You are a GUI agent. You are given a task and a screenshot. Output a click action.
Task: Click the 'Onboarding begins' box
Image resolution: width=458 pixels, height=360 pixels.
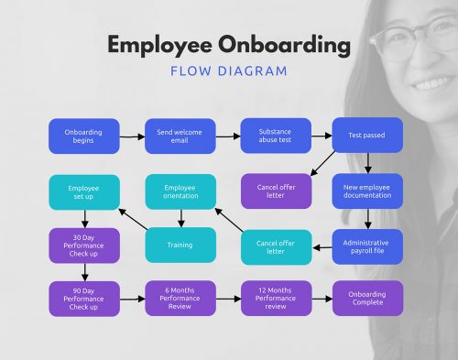point(83,136)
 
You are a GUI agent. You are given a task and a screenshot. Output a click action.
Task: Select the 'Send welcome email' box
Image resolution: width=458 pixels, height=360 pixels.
point(180,136)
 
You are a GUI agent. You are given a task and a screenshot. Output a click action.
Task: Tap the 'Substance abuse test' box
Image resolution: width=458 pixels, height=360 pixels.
point(276,136)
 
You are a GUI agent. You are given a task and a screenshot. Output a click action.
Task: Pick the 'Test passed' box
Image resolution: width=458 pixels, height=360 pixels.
point(366,136)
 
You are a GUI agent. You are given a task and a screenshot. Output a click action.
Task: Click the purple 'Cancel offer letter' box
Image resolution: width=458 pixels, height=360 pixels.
point(276,191)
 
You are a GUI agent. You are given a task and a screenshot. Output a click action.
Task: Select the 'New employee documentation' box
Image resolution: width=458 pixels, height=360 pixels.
point(366,191)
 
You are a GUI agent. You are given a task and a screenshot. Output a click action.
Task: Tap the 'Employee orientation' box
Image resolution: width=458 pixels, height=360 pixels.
point(180,191)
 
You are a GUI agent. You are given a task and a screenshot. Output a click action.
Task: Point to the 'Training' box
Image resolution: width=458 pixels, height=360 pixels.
point(180,245)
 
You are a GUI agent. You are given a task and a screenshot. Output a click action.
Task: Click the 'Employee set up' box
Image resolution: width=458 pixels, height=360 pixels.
point(83,191)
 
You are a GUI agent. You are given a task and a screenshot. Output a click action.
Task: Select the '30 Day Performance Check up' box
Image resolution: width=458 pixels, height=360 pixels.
point(83,245)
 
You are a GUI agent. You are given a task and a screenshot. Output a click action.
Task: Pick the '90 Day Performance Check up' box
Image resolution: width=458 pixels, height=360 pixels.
point(83,299)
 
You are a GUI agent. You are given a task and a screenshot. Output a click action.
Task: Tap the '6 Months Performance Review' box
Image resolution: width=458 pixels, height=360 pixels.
point(180,299)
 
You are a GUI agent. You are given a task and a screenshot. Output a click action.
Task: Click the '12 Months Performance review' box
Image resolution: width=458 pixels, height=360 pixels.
point(276,299)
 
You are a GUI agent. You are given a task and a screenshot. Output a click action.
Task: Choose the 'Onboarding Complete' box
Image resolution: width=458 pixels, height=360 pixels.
point(366,299)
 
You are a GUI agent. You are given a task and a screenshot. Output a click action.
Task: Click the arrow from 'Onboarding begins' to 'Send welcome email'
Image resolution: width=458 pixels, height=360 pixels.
point(132,136)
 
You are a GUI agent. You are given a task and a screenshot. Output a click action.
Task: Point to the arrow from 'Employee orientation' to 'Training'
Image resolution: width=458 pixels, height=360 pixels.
point(180,218)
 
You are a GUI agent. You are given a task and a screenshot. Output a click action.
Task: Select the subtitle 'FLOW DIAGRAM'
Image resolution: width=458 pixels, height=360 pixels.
point(228,71)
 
